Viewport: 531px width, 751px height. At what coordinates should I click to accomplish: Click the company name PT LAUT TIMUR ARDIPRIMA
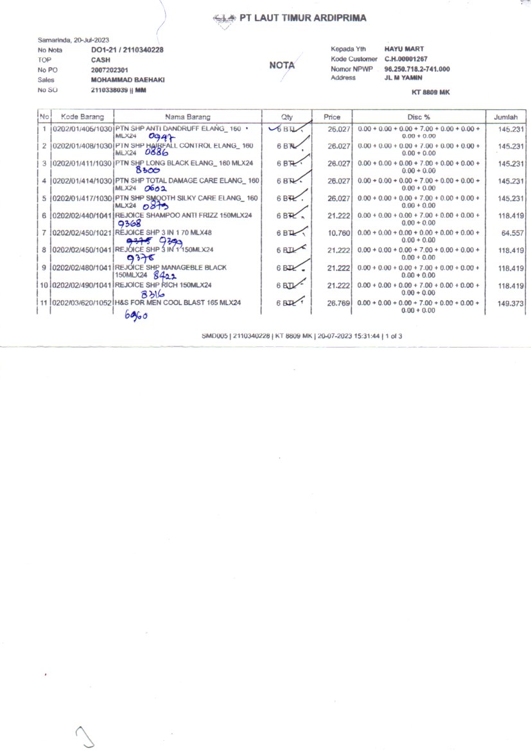(x=303, y=18)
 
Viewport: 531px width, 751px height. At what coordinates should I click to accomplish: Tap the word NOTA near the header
(x=282, y=65)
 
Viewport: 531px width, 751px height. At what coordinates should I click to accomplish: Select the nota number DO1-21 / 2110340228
(x=127, y=49)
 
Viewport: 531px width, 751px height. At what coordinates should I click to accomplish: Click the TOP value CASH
(x=101, y=59)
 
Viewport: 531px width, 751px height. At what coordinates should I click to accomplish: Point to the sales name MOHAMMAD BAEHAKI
(x=128, y=80)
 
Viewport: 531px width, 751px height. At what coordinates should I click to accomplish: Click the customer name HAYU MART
(x=404, y=49)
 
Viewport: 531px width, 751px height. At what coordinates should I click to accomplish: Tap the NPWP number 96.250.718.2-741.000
(x=417, y=69)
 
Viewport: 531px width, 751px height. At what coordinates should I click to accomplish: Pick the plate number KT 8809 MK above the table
(x=430, y=93)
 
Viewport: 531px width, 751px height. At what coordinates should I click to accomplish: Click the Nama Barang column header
(x=187, y=117)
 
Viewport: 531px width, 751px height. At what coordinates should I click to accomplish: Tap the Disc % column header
(x=419, y=117)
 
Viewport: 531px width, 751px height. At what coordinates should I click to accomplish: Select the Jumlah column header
(x=506, y=117)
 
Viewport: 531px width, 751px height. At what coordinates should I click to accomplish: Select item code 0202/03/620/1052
(x=82, y=302)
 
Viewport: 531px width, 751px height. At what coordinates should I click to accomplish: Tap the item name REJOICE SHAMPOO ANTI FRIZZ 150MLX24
(x=184, y=215)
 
